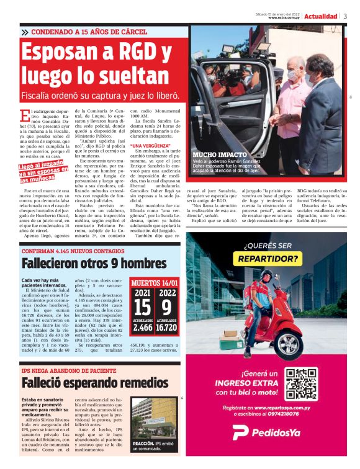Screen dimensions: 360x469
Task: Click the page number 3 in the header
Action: coord(345,16)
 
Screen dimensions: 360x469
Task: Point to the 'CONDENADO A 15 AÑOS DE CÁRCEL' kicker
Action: coord(88,31)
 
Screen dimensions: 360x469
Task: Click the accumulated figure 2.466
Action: coord(143,328)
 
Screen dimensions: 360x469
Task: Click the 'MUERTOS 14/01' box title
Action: coord(155,283)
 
